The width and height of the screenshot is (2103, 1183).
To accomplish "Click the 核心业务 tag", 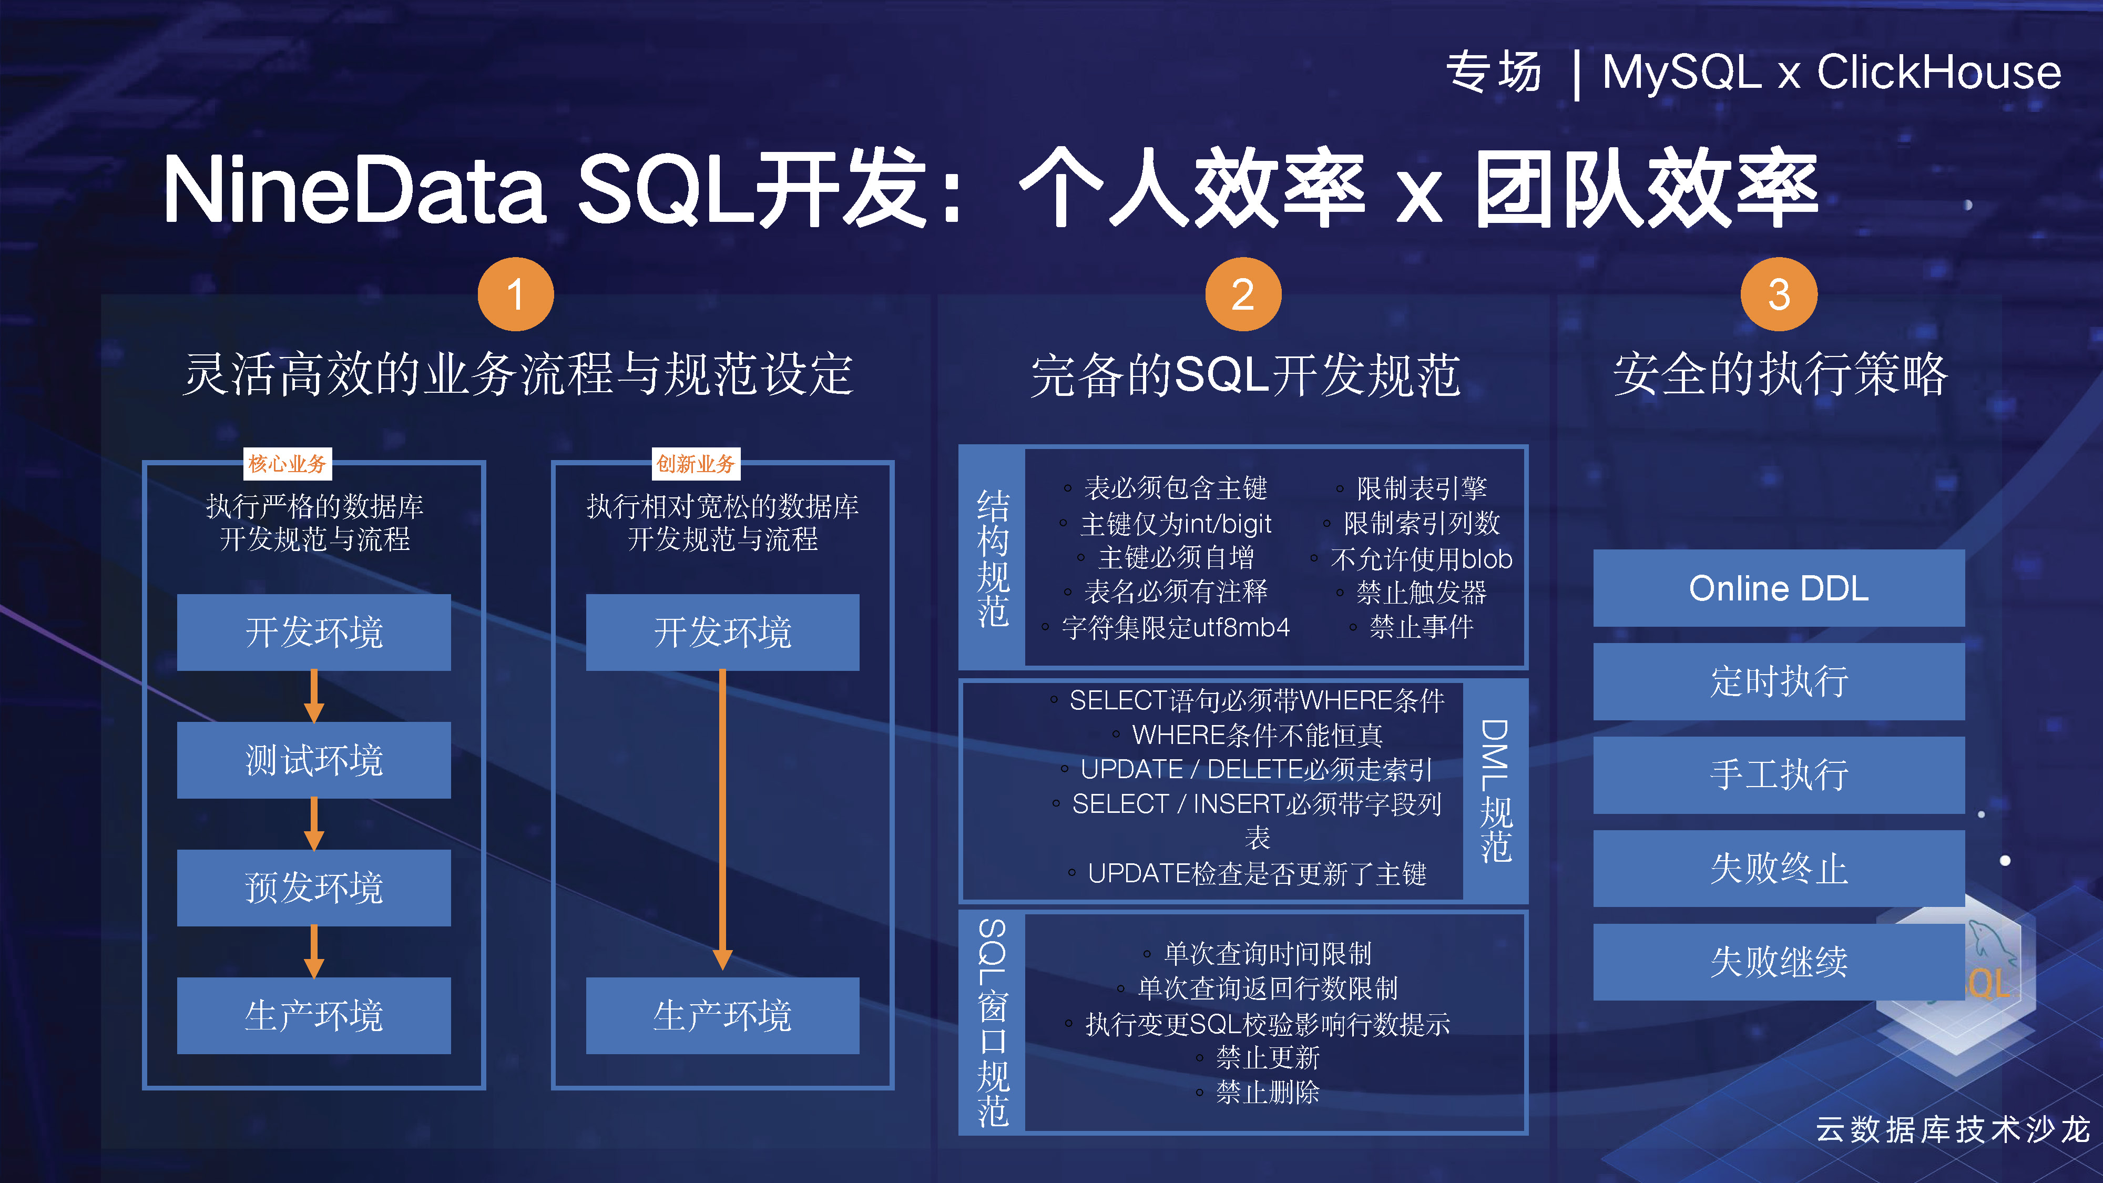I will [288, 464].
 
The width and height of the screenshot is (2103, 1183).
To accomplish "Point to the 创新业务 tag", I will [696, 464].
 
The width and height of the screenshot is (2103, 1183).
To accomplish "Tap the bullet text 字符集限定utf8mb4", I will [1176, 628].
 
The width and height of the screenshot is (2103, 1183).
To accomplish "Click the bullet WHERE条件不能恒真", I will [1257, 736].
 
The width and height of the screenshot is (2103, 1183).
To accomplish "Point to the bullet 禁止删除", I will [1267, 1093].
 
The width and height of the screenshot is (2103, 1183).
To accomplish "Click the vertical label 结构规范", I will [993, 558].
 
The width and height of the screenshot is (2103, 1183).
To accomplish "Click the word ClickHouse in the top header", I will [1939, 72].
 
